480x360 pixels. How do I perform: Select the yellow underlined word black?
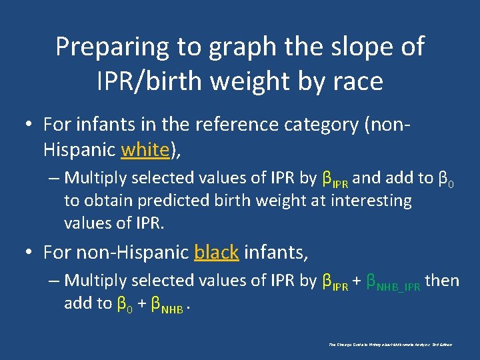(x=216, y=252)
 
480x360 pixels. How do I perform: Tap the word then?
(x=442, y=281)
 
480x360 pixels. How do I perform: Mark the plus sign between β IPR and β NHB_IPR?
(x=357, y=281)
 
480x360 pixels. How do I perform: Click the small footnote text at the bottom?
(x=391, y=345)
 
